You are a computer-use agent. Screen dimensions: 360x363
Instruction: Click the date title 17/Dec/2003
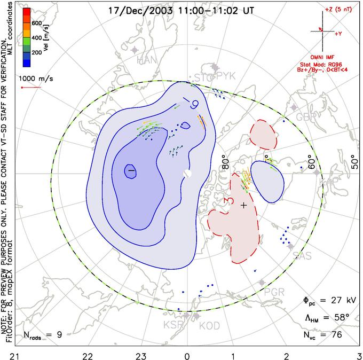tap(135, 10)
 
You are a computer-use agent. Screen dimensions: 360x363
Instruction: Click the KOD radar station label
tap(209, 325)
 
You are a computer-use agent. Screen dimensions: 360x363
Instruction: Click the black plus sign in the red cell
tap(244, 205)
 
